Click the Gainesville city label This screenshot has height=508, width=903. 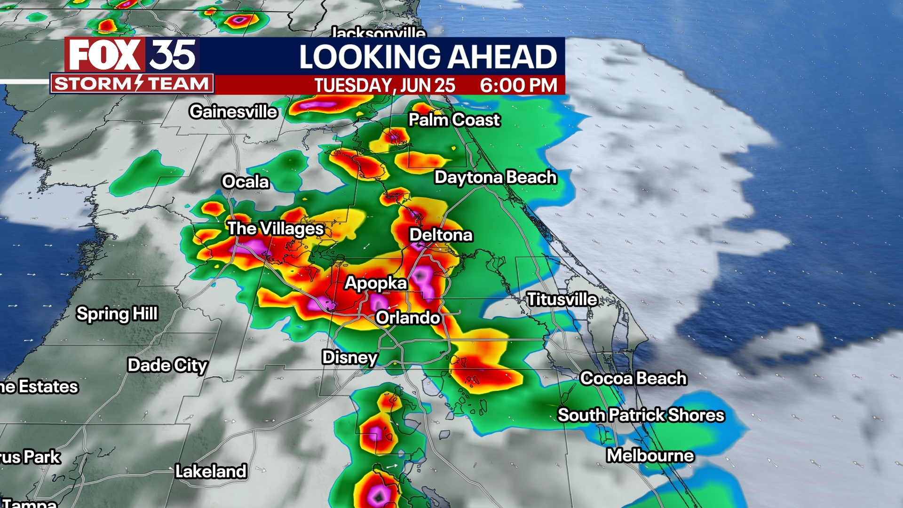233,112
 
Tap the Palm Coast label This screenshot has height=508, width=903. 454,120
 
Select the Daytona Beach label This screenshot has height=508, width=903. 495,177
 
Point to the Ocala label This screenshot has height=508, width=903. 245,182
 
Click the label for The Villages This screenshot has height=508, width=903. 276,229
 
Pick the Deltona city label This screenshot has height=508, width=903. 441,235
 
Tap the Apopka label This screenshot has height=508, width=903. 376,283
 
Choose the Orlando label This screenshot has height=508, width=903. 408,318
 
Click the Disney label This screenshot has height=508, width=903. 350,357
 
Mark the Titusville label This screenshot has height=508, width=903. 562,299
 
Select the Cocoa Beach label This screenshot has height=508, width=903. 634,378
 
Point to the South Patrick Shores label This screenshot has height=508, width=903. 641,415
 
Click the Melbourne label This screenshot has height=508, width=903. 650,455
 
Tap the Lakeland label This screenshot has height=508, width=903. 211,471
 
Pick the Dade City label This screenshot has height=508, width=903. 167,365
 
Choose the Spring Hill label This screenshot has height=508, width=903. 117,314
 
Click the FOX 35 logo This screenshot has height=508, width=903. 132,55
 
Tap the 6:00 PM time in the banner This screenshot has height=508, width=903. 518,86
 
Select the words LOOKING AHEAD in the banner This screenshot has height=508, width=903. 428,57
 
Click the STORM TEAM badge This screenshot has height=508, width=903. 132,84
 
